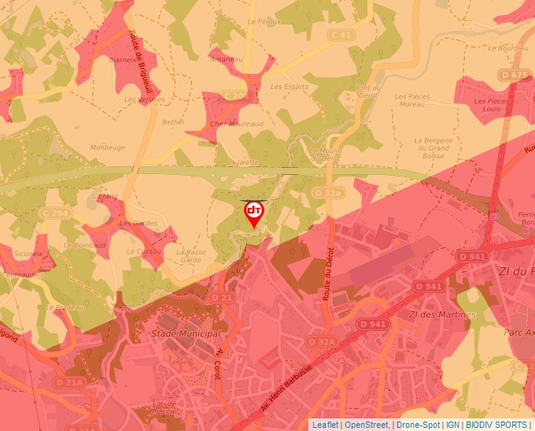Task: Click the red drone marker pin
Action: (253, 214)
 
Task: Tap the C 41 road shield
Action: (342, 35)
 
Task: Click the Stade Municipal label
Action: (185, 334)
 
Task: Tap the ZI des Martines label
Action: (442, 314)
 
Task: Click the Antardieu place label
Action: (227, 59)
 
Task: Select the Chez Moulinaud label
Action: (236, 124)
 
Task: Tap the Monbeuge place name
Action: (108, 147)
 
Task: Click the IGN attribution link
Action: (452, 425)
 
